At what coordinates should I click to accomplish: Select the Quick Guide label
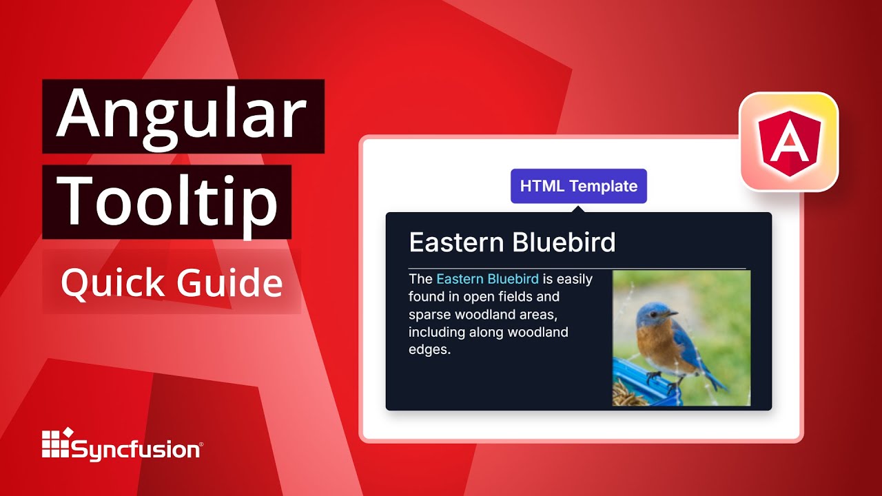tap(172, 283)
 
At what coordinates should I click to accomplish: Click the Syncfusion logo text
tap(136, 451)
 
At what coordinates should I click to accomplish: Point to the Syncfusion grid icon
tap(57, 443)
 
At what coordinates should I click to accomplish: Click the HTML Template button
tap(578, 186)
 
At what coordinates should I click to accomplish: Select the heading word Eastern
tap(456, 242)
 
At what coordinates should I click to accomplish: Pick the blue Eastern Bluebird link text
tap(487, 279)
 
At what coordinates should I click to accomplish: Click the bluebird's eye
tap(654, 315)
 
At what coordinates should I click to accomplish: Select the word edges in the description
tap(429, 350)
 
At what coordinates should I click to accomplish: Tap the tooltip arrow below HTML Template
tap(578, 207)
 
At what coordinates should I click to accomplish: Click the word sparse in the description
tap(427, 315)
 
